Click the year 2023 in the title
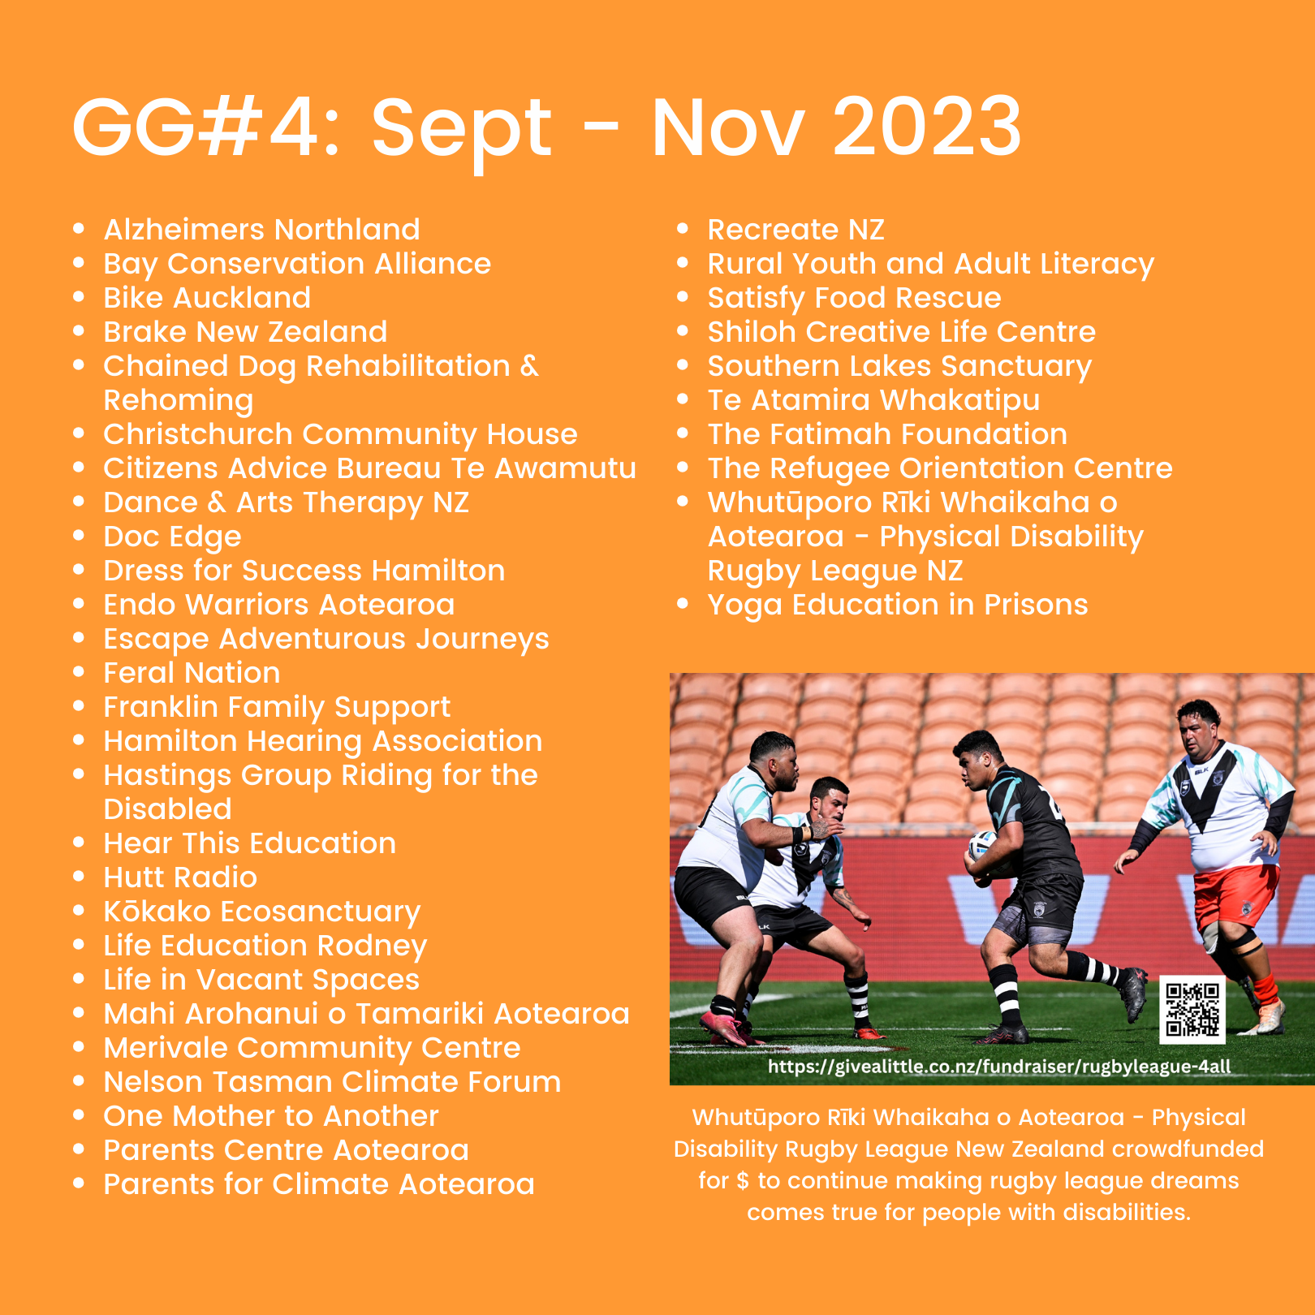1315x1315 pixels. (x=927, y=127)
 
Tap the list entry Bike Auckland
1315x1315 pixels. (x=207, y=298)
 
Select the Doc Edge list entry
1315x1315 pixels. (x=172, y=537)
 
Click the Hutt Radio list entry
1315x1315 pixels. (x=180, y=877)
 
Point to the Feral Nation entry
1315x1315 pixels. (x=192, y=673)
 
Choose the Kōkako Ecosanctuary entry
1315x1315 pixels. (x=262, y=912)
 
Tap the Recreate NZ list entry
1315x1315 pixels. (x=795, y=230)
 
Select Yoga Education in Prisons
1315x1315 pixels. (x=898, y=606)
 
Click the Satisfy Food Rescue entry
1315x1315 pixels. (x=854, y=299)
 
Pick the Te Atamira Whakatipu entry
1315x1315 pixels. (x=873, y=401)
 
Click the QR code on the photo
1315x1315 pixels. (x=1192, y=1009)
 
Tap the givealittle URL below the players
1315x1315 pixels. (x=999, y=1067)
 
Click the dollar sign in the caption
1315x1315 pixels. (x=742, y=1181)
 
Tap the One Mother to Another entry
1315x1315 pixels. (x=271, y=1116)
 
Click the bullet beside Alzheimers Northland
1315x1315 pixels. (x=79, y=229)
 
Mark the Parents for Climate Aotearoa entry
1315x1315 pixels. (x=319, y=1184)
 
